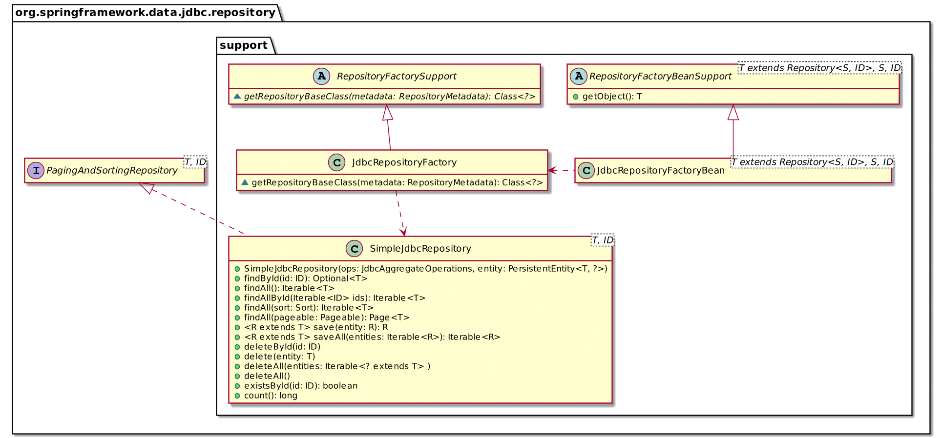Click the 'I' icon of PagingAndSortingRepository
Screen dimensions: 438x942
(36, 171)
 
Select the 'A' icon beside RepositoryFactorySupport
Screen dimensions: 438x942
(321, 76)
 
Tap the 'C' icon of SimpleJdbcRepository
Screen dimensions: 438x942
(354, 248)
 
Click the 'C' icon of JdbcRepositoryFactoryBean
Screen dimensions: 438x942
(586, 171)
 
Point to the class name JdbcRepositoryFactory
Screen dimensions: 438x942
(404, 162)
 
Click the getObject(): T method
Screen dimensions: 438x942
(611, 97)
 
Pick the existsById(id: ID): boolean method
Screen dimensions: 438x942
(300, 386)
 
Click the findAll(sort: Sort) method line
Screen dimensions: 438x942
(308, 308)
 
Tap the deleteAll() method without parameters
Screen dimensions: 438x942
(267, 376)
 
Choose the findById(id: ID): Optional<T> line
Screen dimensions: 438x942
(305, 279)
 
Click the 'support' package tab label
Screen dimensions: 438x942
(244, 45)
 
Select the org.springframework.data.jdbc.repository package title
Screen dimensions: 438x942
(145, 12)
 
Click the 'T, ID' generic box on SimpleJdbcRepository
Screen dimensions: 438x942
(602, 240)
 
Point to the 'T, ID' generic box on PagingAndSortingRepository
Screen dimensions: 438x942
(195, 162)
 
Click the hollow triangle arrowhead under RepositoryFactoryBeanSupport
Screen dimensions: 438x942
(733, 113)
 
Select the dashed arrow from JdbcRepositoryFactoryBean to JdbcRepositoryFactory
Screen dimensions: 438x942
(562, 170)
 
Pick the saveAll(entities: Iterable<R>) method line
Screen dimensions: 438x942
(372, 337)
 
